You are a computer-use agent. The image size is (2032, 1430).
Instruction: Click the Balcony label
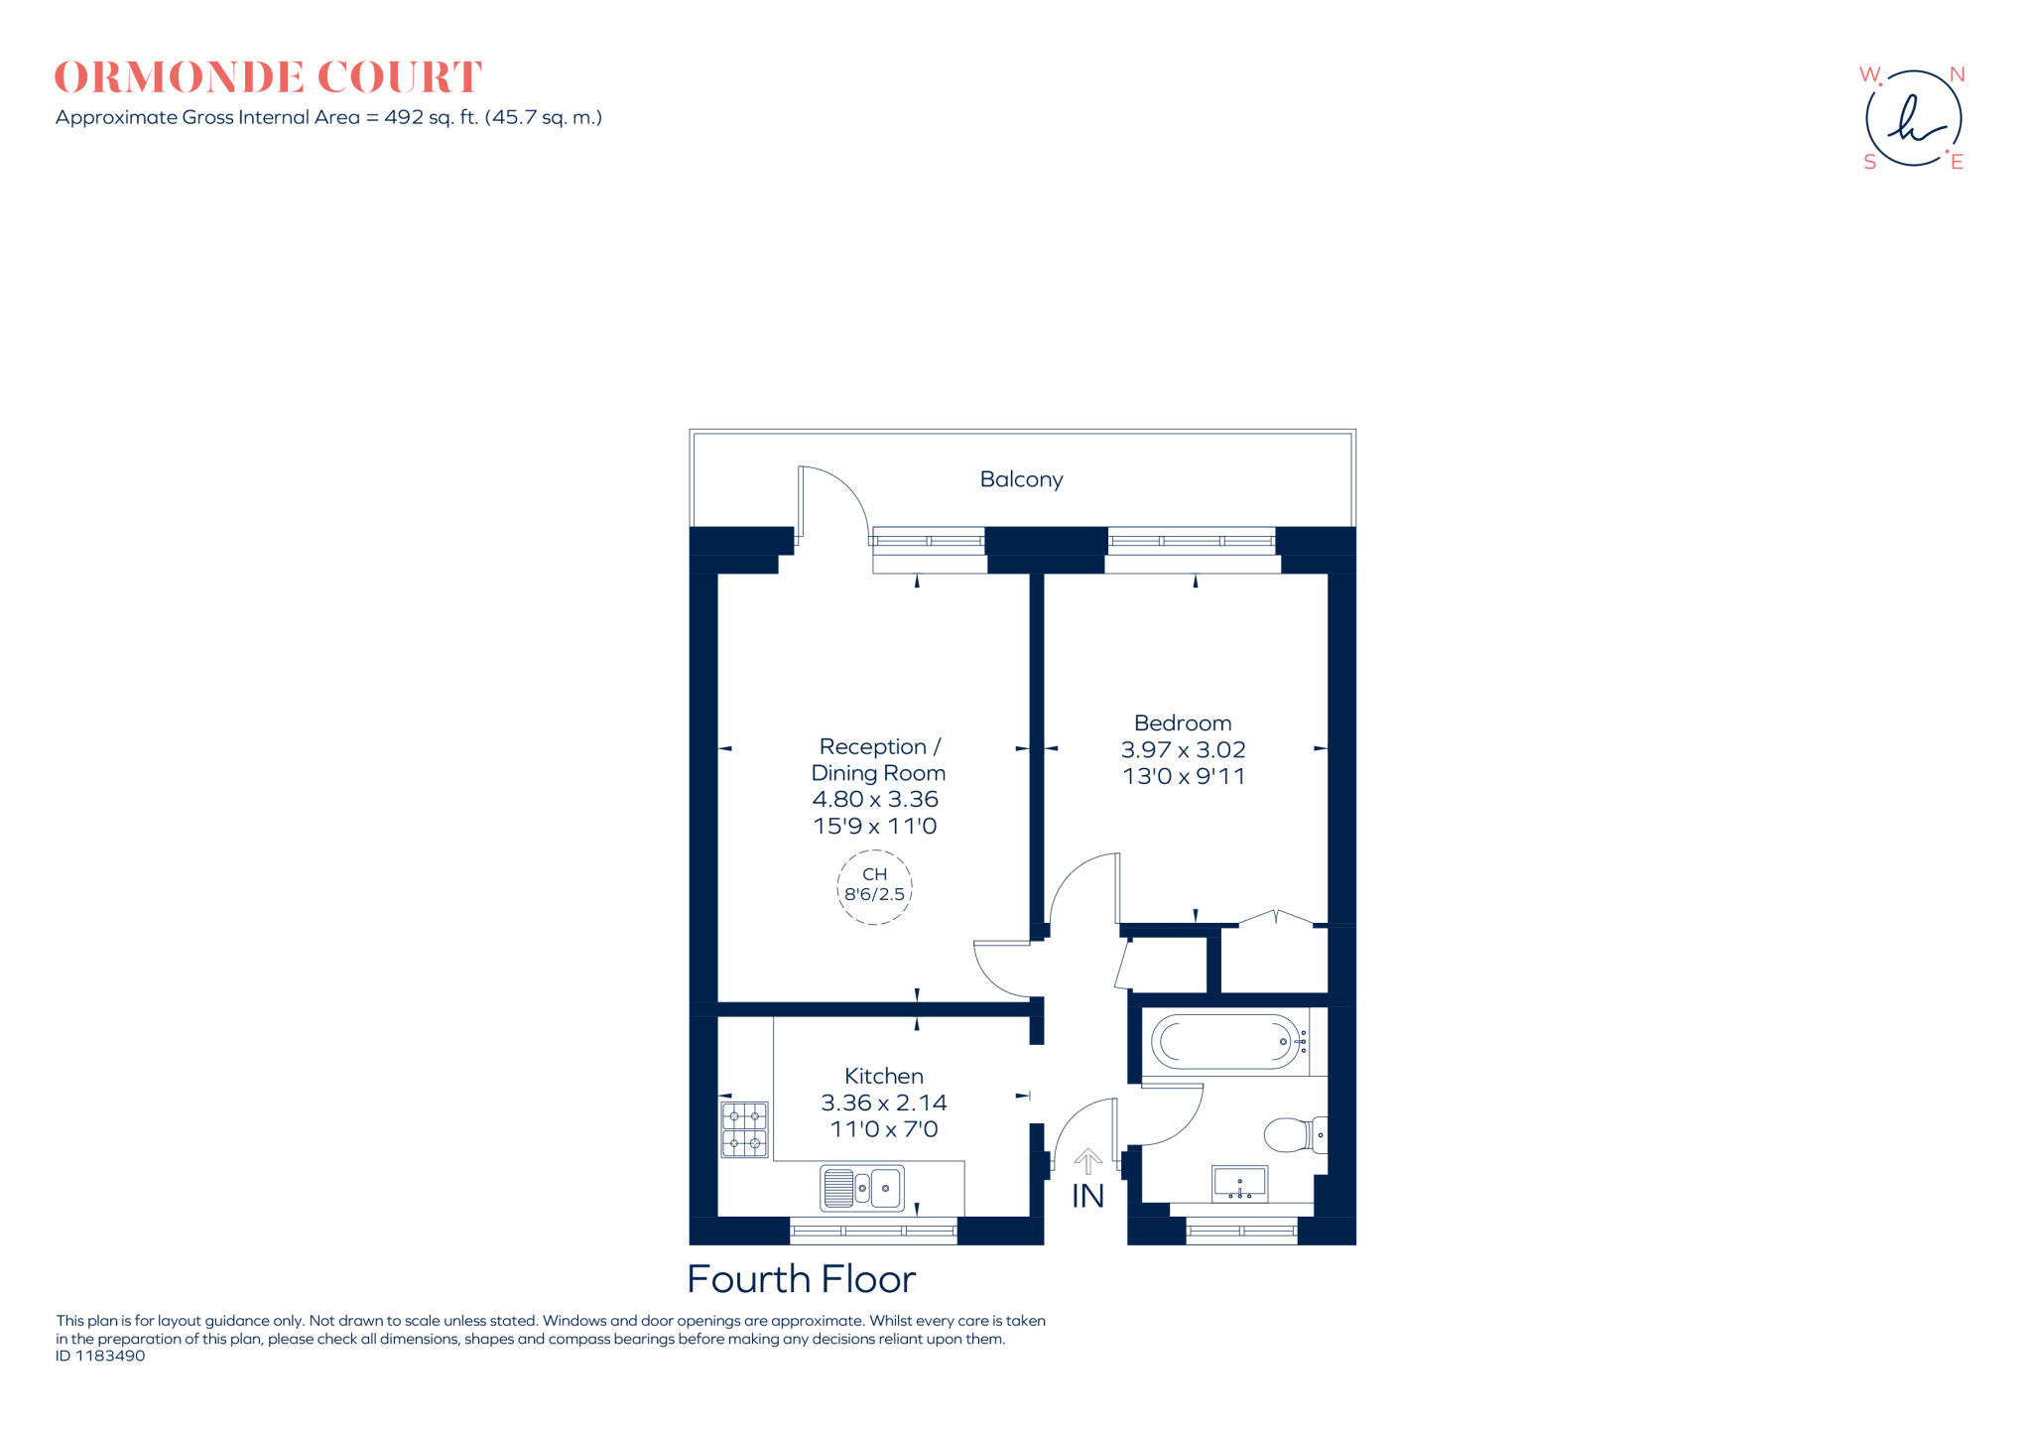click(1021, 479)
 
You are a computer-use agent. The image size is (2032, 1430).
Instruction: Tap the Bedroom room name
click(1183, 723)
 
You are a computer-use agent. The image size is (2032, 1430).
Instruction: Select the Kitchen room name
click(883, 1076)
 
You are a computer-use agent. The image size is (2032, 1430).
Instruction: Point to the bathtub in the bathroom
click(1228, 1042)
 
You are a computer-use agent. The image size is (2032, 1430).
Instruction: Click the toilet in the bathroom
click(1292, 1134)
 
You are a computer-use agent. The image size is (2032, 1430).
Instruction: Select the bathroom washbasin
click(1239, 1184)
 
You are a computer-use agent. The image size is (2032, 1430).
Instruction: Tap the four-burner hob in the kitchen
click(744, 1130)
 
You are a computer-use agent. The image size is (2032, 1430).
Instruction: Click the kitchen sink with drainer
click(862, 1188)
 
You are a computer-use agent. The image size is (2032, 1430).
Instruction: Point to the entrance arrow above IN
click(1088, 1161)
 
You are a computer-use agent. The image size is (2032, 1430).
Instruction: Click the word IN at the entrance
click(1087, 1197)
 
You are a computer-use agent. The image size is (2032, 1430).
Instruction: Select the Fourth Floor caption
click(801, 1280)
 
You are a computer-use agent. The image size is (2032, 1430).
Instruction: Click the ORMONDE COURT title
click(268, 77)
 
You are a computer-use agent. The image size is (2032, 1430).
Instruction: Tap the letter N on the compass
click(1957, 75)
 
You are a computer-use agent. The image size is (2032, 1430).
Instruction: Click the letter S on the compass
click(1869, 163)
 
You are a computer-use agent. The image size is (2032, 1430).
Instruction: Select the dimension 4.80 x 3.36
click(875, 799)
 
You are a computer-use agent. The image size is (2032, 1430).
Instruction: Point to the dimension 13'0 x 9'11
click(1183, 776)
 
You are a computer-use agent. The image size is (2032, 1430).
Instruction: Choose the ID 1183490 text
click(100, 1356)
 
